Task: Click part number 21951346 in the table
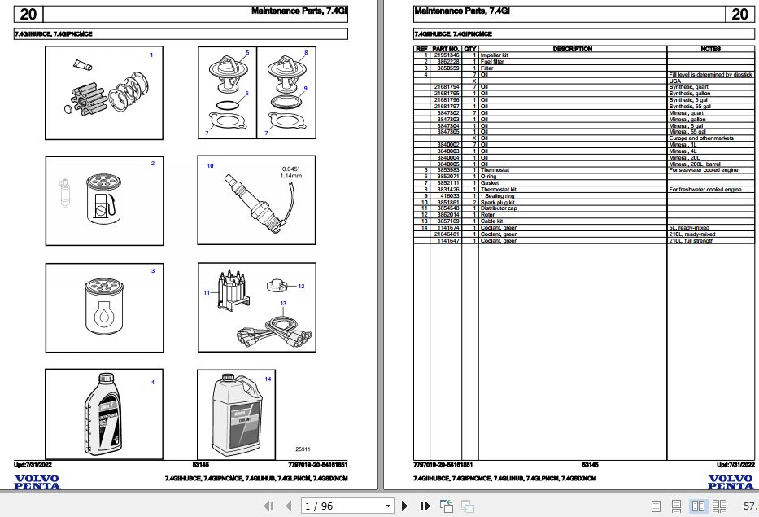click(x=447, y=55)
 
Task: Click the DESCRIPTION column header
click(x=572, y=49)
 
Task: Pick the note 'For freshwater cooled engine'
click(x=704, y=190)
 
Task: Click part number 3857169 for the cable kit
click(x=447, y=221)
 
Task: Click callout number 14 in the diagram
click(x=268, y=379)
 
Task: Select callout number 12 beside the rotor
click(x=301, y=286)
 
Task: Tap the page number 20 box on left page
click(x=28, y=14)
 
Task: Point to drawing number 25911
click(x=303, y=449)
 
